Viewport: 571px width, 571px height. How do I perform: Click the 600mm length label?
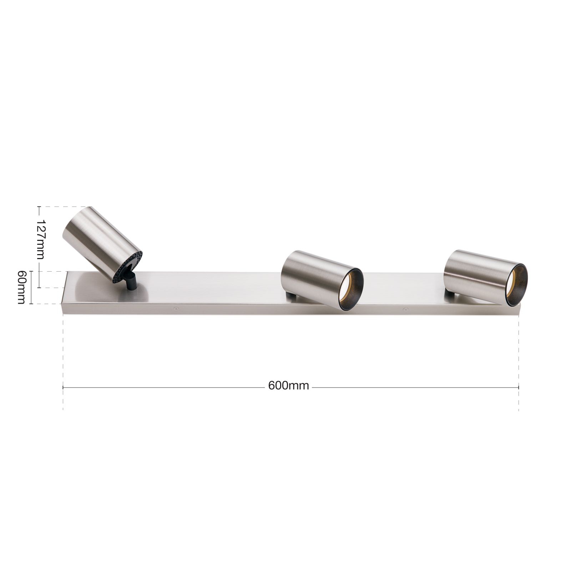click(288, 386)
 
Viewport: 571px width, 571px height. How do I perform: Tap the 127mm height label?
click(41, 239)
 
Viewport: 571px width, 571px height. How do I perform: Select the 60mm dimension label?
click(21, 287)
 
